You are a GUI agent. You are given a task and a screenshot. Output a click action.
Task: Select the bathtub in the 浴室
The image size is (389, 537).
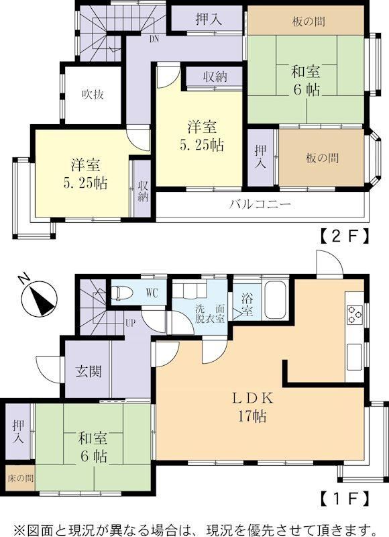[x=275, y=300]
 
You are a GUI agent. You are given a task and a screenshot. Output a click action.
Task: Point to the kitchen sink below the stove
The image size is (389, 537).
[x=354, y=357]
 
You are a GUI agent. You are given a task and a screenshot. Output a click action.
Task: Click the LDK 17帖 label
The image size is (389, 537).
[x=253, y=407]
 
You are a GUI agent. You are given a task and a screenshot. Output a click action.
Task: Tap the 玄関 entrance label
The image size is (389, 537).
[x=89, y=371]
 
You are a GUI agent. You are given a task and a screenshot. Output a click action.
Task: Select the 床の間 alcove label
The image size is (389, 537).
[x=21, y=478]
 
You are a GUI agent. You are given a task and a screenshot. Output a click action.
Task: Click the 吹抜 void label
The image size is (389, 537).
[x=93, y=94]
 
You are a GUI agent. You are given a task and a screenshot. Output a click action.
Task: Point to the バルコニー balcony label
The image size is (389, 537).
[x=260, y=205]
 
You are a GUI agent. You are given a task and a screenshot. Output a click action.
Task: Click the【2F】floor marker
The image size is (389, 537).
[x=345, y=237]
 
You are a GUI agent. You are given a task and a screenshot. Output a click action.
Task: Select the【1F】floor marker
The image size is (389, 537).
[x=345, y=499]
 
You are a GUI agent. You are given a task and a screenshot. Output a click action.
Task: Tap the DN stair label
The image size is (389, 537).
[x=154, y=39]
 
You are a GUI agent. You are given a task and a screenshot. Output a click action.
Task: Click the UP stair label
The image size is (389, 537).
[x=130, y=323]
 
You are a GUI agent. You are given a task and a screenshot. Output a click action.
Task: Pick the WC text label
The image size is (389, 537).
[x=152, y=293]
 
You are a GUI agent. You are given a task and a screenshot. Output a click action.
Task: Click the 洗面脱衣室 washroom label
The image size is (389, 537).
[x=210, y=313]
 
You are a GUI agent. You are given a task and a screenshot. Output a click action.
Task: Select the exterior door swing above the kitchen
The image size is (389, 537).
[x=329, y=262]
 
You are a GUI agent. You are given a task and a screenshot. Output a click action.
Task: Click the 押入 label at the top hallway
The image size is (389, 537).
[x=209, y=19]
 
